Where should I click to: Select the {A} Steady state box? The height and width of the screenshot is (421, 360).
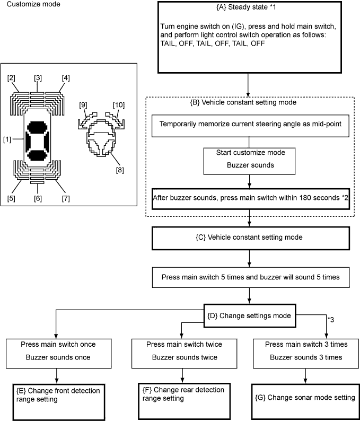pos(249,37)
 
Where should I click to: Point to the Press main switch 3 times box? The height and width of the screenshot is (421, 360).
pos(304,350)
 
